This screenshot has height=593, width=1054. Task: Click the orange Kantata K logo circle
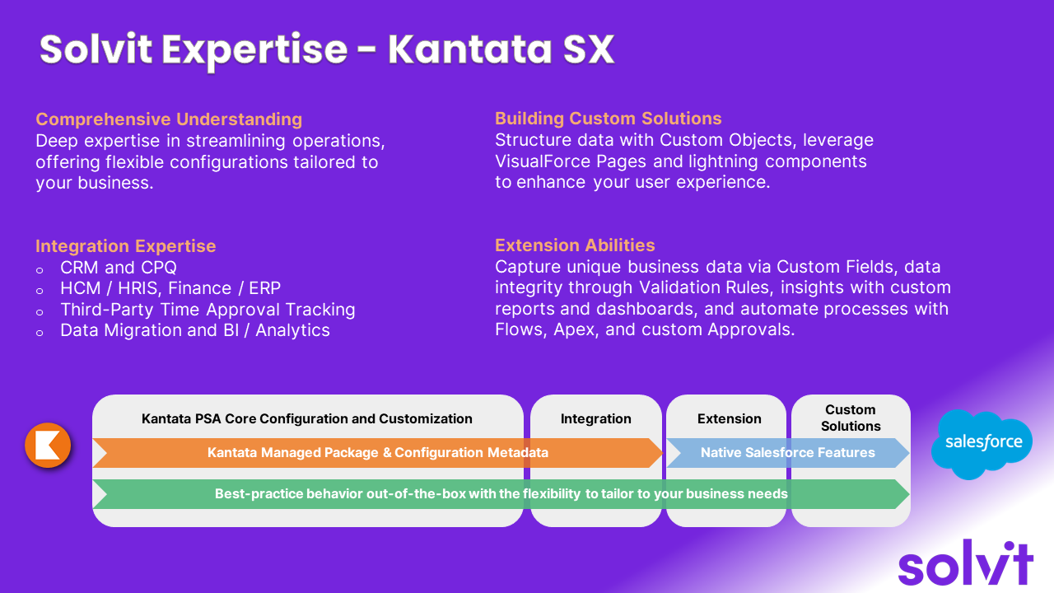48,445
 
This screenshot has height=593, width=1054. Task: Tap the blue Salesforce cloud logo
982,444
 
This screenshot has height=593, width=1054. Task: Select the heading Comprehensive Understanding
169,119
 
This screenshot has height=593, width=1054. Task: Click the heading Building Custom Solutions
608,118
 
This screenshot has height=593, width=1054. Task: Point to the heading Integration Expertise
126,245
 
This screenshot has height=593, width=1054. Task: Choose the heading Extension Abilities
575,245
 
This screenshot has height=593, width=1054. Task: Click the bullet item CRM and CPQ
119,268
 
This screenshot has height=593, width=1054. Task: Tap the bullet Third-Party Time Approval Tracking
208,309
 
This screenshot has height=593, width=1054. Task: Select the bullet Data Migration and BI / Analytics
195,330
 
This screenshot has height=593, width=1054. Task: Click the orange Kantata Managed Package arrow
378,453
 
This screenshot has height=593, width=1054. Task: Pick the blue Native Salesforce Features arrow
788,453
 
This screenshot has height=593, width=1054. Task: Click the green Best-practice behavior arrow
501,493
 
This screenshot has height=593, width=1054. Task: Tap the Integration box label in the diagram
595,418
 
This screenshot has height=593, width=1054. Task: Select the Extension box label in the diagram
729,418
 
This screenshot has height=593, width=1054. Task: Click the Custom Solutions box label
851,418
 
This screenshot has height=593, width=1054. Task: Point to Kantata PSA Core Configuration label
307,418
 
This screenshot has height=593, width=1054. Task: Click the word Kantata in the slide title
469,49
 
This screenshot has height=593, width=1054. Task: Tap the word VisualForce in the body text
543,161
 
